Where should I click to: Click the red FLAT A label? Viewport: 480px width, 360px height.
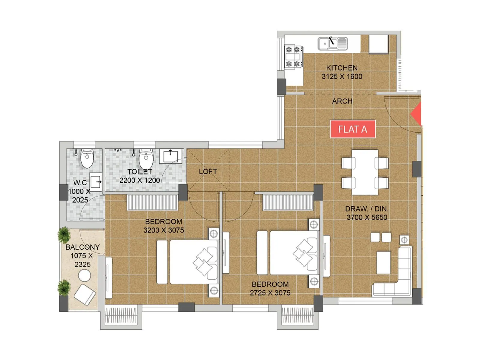click(x=353, y=129)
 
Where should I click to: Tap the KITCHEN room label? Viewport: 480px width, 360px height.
click(x=342, y=68)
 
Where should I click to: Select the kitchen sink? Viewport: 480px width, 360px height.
click(x=333, y=43)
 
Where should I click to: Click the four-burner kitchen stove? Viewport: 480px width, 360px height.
click(x=293, y=56)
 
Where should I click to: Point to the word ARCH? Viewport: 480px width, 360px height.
click(x=342, y=101)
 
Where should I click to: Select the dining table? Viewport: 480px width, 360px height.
click(x=365, y=172)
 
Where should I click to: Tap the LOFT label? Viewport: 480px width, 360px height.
click(x=208, y=172)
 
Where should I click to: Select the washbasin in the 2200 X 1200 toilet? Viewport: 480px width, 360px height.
click(x=170, y=156)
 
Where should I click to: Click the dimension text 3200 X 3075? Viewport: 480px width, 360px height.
click(x=163, y=230)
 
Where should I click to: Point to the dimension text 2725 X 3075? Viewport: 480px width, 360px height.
click(x=270, y=293)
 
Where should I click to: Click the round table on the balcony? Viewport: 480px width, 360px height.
click(x=84, y=275)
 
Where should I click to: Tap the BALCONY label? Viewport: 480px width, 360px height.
click(x=82, y=247)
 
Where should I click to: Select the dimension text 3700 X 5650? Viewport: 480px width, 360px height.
click(x=367, y=217)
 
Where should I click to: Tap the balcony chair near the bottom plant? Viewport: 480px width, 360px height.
click(x=85, y=295)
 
